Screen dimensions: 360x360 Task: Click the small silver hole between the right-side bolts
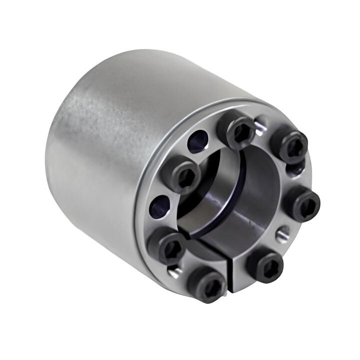(x=283, y=232)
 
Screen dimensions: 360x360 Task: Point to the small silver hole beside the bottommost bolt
(x=173, y=272)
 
